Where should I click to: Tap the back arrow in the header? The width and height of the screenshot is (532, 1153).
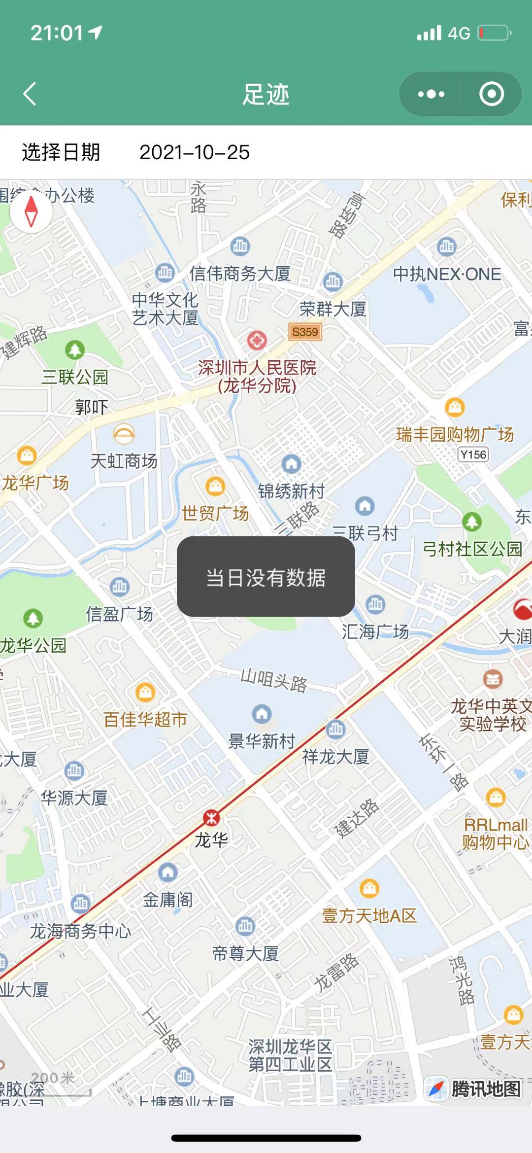(x=30, y=94)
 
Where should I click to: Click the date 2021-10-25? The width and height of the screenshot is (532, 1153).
(x=195, y=152)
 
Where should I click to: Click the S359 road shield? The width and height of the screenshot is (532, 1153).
(x=305, y=332)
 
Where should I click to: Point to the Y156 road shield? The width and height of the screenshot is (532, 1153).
(x=473, y=454)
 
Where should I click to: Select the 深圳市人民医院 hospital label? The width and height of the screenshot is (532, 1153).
(x=257, y=376)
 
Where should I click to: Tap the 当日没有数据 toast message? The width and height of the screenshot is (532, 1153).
(x=266, y=577)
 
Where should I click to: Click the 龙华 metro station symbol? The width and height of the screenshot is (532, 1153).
(x=212, y=818)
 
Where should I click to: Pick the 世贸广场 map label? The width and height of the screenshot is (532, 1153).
(x=215, y=513)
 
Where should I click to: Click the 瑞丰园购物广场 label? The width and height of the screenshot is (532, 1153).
(x=455, y=434)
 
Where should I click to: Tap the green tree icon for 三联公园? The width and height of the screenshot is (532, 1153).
(x=75, y=350)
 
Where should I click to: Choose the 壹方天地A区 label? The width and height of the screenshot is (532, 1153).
(x=369, y=915)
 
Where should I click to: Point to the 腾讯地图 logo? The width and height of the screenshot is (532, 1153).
(x=474, y=1088)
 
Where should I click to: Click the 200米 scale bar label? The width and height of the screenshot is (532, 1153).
(x=53, y=1078)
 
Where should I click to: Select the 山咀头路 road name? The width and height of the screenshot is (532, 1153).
(x=274, y=681)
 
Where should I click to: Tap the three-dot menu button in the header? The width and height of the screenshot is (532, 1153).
(x=431, y=94)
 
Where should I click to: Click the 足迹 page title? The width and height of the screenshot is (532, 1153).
(x=266, y=94)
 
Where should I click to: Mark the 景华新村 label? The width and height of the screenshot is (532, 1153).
(x=262, y=741)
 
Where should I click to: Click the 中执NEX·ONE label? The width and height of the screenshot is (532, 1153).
(x=447, y=274)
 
